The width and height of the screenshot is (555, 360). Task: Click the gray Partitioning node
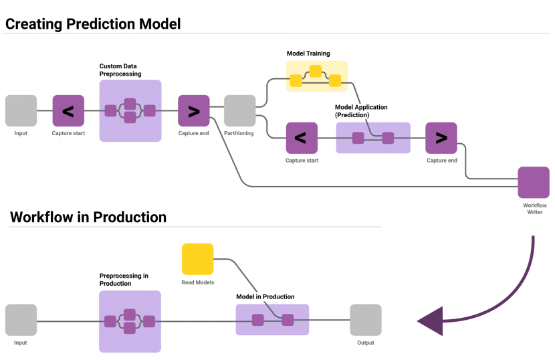[x=239, y=110]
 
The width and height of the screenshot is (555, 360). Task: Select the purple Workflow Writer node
[x=534, y=183]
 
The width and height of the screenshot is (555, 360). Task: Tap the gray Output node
[x=366, y=320]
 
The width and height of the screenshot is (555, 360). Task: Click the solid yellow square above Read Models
[x=197, y=259]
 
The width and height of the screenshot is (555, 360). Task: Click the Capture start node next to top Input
[x=68, y=110]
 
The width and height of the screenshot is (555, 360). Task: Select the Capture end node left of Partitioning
[x=194, y=110]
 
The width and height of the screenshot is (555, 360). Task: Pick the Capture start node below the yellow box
[x=302, y=138]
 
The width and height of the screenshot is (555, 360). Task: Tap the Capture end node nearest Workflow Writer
[x=441, y=138]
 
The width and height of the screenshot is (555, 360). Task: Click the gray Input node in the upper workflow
[x=21, y=110]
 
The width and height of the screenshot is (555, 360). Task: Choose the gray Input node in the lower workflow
[x=21, y=320]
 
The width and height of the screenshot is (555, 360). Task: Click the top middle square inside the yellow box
[x=316, y=70]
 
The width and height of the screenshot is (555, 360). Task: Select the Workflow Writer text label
[x=534, y=208]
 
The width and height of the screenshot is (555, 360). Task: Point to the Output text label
[x=365, y=343]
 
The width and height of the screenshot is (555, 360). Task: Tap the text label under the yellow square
[x=197, y=282]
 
